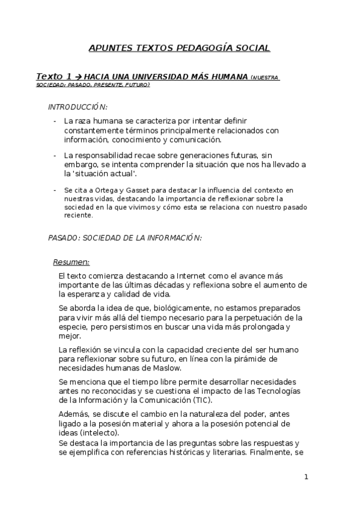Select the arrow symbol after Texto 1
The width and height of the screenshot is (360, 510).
[x=78, y=77]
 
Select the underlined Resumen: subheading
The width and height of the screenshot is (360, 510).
[x=72, y=262]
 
